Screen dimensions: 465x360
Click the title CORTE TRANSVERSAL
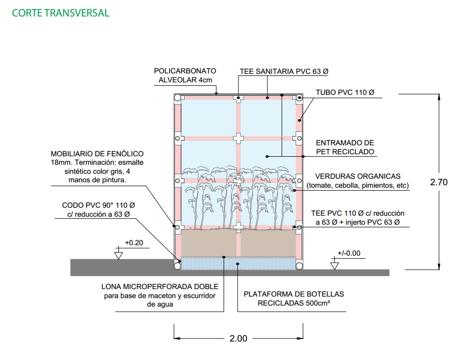(60, 13)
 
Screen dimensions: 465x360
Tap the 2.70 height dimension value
(439, 182)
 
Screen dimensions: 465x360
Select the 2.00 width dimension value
(238, 339)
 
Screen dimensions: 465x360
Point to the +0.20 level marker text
(134, 243)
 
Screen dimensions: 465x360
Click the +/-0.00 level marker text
(348, 253)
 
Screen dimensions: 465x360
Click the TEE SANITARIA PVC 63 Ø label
(284, 71)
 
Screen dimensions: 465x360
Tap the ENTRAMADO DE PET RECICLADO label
(345, 147)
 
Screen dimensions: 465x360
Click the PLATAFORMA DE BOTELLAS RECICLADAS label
(293, 299)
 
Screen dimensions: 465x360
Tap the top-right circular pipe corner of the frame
(299, 98)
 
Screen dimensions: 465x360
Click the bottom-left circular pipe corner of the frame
(177, 266)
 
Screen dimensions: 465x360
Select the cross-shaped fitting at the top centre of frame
(238, 98)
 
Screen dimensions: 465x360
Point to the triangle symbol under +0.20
(118, 256)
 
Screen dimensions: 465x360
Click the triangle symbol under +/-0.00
(335, 265)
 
